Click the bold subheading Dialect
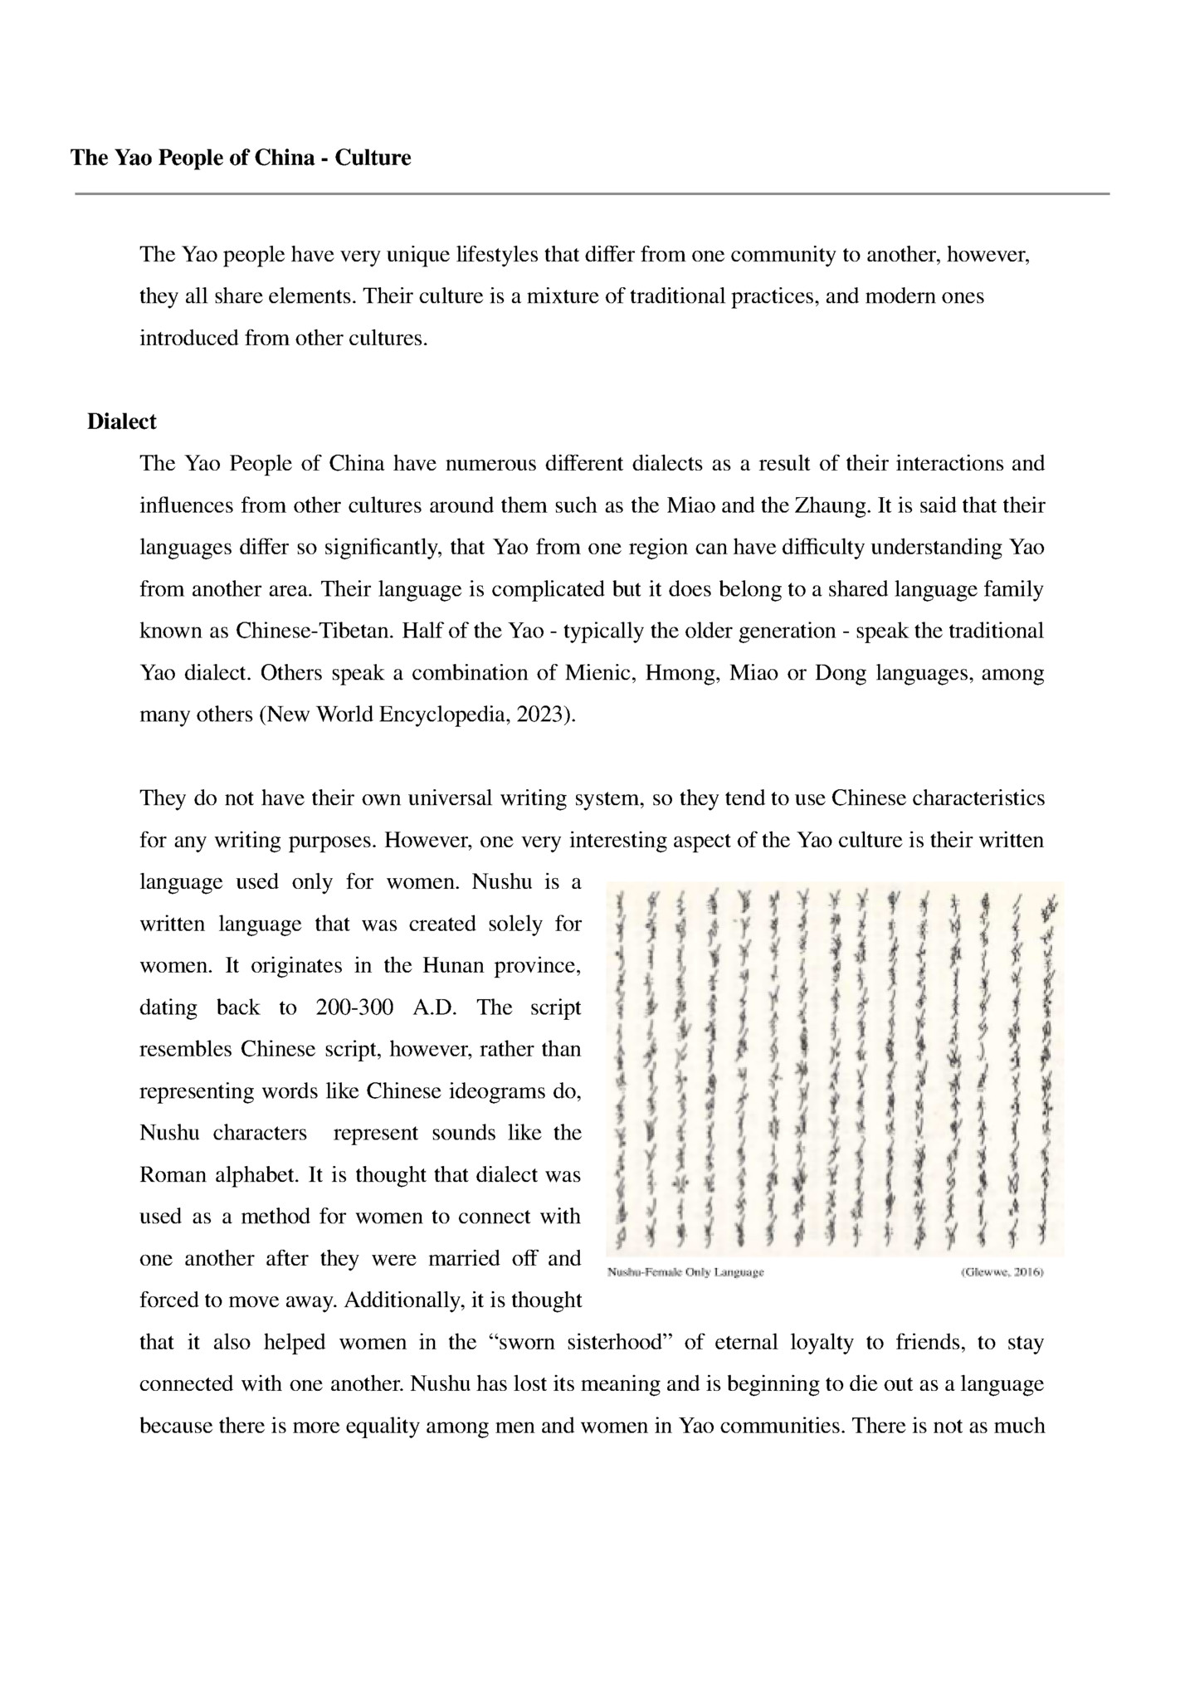(122, 422)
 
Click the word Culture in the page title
(373, 158)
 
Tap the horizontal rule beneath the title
(592, 194)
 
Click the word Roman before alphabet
(173, 1175)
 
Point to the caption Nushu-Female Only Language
(685, 1271)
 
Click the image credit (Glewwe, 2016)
(1001, 1271)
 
